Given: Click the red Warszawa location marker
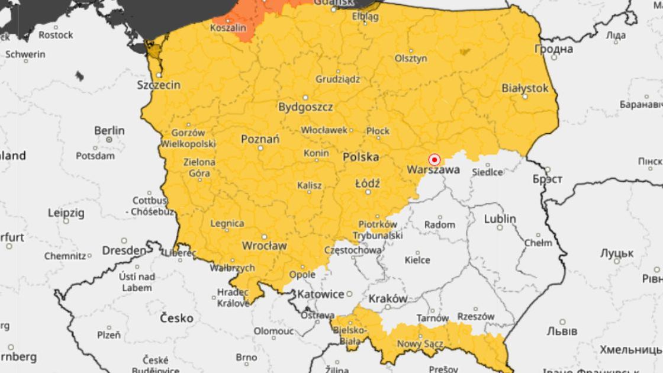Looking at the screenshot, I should tap(434, 160).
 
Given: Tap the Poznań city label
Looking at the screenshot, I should tap(260, 140).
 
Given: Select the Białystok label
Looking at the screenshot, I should tap(525, 88).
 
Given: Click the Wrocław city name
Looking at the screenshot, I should tap(264, 245).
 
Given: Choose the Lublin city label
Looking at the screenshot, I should tap(500, 219).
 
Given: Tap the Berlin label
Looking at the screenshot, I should tap(110, 130).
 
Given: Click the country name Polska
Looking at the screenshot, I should tap(361, 157).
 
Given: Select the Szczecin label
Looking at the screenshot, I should tap(159, 85).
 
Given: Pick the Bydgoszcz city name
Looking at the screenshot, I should tap(305, 107).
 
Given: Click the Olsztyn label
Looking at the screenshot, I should tap(411, 59).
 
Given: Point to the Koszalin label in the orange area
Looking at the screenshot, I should tap(227, 28).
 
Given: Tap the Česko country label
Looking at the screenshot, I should tap(176, 319).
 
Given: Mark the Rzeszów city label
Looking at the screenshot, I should tap(476, 317).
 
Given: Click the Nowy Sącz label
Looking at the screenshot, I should tap(417, 344).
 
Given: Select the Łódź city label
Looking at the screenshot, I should tap(368, 184).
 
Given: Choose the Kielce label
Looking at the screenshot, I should tap(417, 260).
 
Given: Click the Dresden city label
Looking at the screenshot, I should tap(124, 251).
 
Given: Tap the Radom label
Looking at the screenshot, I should tap(440, 225).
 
